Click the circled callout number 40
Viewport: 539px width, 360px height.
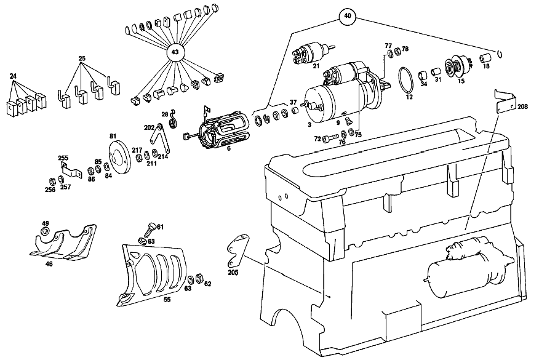[x=348, y=16]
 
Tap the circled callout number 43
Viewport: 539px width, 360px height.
[x=175, y=52]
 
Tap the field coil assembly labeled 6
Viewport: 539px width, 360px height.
[x=218, y=130]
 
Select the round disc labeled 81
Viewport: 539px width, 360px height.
[x=118, y=158]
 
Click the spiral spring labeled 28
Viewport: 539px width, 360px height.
[x=173, y=119]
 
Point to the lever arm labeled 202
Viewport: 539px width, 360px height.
[x=161, y=137]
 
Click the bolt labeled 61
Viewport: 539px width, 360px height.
[x=150, y=229]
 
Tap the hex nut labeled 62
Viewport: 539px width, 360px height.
[x=199, y=278]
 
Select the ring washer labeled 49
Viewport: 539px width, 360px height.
[x=45, y=231]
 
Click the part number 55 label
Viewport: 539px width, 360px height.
[x=167, y=300]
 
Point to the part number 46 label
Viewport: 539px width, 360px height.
[x=49, y=264]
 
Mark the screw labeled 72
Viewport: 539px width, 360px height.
[x=330, y=138]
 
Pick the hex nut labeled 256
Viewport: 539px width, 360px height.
[x=53, y=180]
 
